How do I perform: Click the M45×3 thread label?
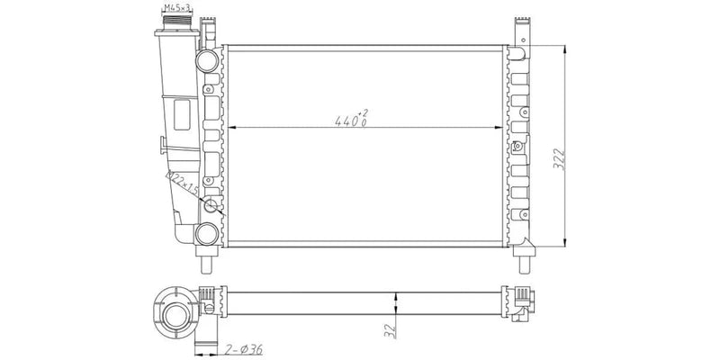click(x=175, y=8)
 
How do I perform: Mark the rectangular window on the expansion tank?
click(x=182, y=117)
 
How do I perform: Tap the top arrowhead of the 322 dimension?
click(x=563, y=46)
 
